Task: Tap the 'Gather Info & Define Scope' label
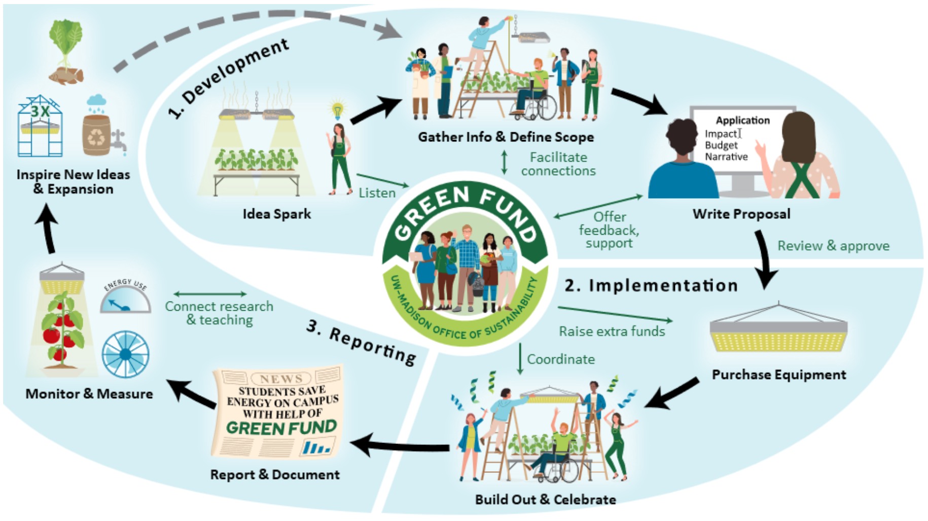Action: tap(506, 137)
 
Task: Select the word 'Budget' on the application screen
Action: tap(721, 145)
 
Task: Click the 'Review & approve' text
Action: tap(833, 246)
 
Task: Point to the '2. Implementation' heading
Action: tap(651, 286)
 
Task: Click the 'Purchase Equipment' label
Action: tap(779, 375)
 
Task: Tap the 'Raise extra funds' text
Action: tap(612, 331)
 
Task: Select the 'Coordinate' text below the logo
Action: tap(561, 359)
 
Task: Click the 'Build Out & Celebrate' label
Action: tap(545, 500)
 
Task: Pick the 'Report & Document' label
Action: tap(275, 475)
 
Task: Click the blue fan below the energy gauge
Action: tap(125, 354)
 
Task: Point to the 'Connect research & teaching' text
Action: tap(219, 313)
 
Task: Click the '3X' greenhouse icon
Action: tap(40, 127)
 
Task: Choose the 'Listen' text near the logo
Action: tap(377, 193)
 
